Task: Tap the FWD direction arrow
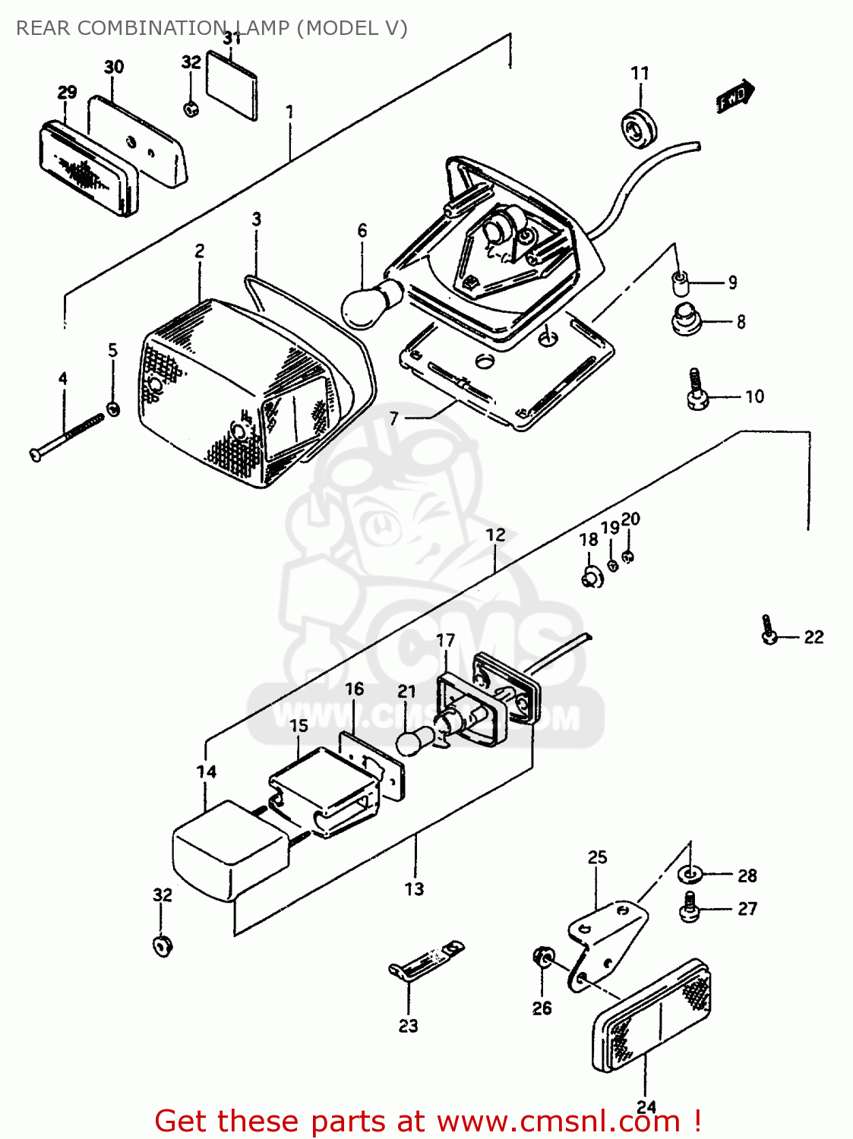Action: (735, 96)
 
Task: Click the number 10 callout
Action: (753, 396)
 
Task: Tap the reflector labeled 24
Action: (652, 1016)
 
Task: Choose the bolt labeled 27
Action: (690, 908)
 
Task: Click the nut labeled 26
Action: (543, 958)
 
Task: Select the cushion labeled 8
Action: (687, 319)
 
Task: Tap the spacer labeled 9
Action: (681, 283)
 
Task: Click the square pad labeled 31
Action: (232, 85)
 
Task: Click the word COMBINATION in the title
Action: (152, 28)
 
